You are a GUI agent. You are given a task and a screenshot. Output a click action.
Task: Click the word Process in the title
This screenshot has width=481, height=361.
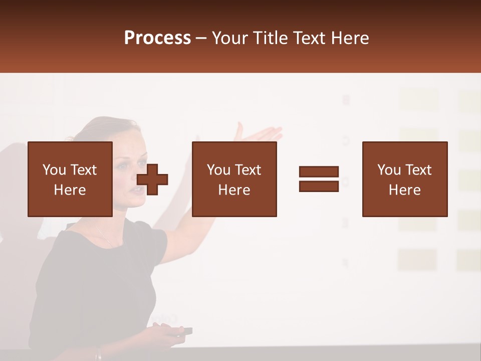157,38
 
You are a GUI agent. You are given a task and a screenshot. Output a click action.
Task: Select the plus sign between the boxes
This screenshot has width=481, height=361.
152,179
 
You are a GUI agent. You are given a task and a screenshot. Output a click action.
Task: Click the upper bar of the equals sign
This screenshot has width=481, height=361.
319,172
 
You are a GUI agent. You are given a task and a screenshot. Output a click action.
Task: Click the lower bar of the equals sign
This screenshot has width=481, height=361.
319,186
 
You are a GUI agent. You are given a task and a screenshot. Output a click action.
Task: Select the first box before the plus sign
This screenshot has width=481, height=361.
70,179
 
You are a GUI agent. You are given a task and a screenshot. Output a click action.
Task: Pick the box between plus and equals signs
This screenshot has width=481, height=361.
234,179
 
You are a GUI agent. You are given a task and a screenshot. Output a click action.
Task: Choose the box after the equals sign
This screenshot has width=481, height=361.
404,179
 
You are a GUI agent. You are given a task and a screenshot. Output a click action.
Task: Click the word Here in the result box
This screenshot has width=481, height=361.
404,190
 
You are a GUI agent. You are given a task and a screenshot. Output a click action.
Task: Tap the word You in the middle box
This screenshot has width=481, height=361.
218,170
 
